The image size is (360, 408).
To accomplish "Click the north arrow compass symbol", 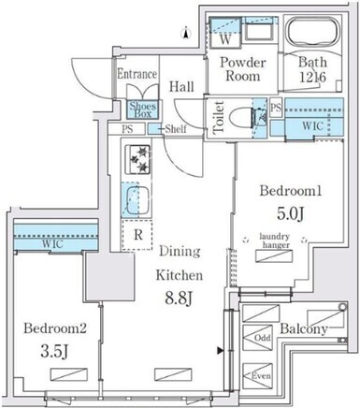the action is [186, 33].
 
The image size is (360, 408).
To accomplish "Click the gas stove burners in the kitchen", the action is [137, 159].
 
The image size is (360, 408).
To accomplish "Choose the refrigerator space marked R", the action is [137, 235].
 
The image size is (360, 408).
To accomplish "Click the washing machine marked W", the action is [225, 33].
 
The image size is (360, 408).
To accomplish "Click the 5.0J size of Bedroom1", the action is [291, 214].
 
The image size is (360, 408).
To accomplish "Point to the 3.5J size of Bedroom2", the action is [54, 351].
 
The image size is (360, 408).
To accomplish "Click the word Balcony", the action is [304, 328].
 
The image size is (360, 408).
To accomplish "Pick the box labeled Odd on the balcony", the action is [257, 338].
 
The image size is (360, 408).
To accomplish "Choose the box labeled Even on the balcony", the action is [257, 376].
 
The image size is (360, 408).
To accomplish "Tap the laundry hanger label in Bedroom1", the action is [275, 240].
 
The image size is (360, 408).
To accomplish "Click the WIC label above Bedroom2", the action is [51, 243].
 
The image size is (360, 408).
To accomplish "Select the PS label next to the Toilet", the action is [276, 108].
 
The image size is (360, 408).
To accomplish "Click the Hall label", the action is [181, 86].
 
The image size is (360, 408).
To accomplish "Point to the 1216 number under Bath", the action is [312, 77].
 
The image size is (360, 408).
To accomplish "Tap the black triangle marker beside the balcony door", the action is [221, 351].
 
